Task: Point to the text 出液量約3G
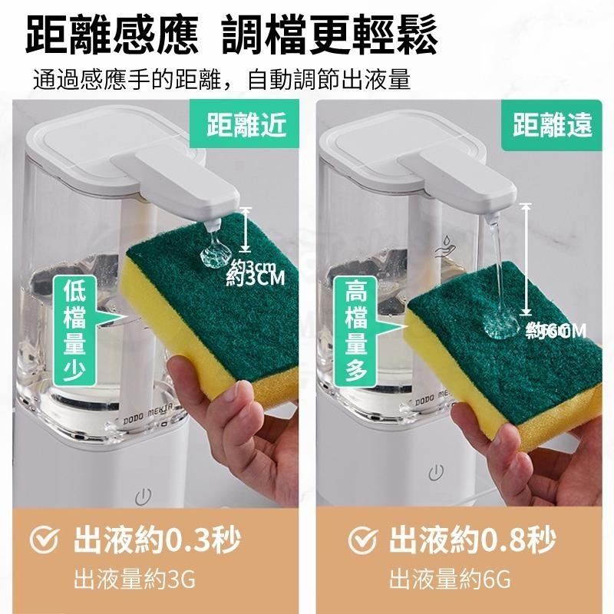(x=134, y=578)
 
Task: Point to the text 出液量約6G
(x=450, y=578)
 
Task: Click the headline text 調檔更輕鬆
(x=330, y=37)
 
